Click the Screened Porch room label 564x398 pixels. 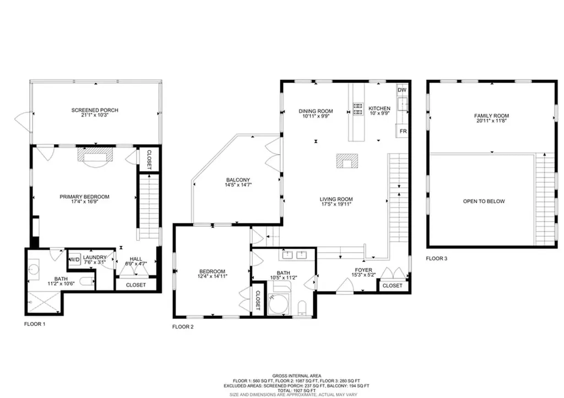tap(95, 110)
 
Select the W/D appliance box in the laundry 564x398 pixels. tap(74, 259)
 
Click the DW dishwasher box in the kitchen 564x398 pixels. tap(402, 90)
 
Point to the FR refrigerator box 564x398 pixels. tap(403, 132)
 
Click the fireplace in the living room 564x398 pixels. tap(347, 161)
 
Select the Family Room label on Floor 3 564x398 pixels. tap(491, 116)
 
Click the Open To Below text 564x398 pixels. tap(484, 201)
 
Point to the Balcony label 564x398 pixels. tap(238, 180)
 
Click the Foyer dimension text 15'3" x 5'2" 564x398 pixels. tap(364, 275)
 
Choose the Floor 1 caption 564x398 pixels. tap(35, 324)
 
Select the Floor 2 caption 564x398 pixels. tap(183, 326)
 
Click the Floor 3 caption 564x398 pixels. tap(436, 258)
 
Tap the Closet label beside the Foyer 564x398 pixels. tap(392, 286)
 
